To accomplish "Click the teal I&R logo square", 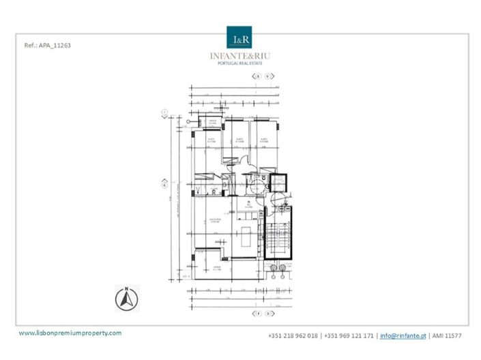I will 240,38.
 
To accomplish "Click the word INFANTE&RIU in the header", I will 240,56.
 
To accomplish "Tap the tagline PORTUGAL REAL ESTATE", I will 240,63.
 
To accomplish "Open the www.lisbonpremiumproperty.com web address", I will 70,333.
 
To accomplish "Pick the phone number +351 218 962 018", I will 293,335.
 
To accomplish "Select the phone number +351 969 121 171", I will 348,335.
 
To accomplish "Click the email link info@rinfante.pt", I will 403,335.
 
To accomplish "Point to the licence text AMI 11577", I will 447,335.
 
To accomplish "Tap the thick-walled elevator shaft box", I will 278,183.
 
